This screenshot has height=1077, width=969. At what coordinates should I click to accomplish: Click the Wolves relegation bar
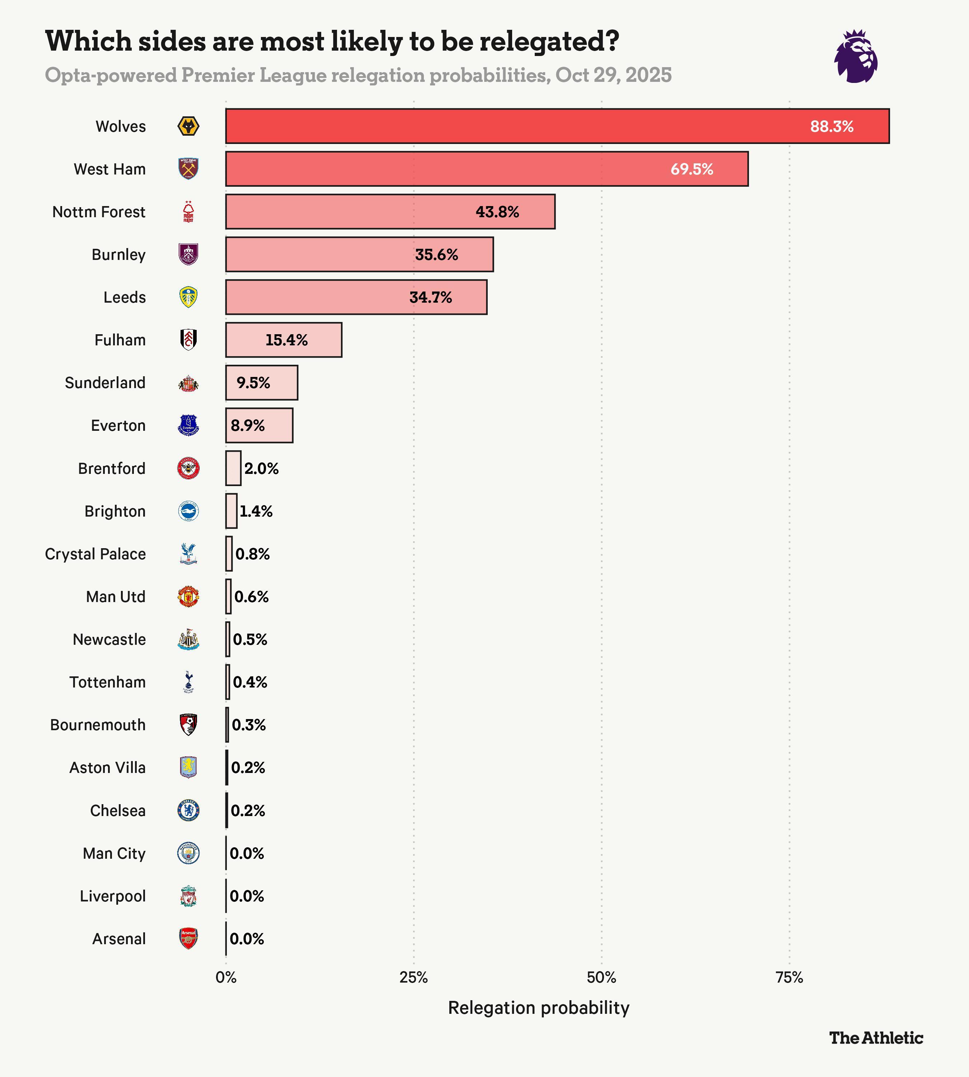pyautogui.click(x=557, y=126)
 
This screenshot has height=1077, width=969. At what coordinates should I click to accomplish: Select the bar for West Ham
pyautogui.click(x=487, y=169)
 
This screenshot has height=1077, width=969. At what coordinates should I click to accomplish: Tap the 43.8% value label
pyautogui.click(x=497, y=212)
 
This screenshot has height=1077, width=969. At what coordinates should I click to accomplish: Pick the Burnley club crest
pyautogui.click(x=188, y=254)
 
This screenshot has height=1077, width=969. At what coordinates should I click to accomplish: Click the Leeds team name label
pyautogui.click(x=125, y=297)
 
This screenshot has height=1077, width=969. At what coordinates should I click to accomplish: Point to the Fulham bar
pyautogui.click(x=284, y=340)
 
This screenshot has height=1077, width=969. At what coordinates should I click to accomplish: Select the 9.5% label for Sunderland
pyautogui.click(x=253, y=383)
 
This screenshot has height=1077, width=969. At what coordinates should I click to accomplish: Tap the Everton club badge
pyautogui.click(x=188, y=425)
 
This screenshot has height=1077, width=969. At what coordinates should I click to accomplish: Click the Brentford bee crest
pyautogui.click(x=188, y=468)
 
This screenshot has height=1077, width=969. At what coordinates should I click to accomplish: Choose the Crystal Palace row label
pyautogui.click(x=95, y=554)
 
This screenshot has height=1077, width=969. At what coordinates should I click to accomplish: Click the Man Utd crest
pyautogui.click(x=188, y=597)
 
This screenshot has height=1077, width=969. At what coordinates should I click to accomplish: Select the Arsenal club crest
pyautogui.click(x=188, y=938)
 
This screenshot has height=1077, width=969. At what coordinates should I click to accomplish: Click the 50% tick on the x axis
pyautogui.click(x=601, y=978)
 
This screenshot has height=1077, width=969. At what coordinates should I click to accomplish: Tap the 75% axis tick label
pyautogui.click(x=789, y=978)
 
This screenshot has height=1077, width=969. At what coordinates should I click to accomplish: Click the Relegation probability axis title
pyautogui.click(x=539, y=1008)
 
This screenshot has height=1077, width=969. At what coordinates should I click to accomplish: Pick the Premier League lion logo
pyautogui.click(x=856, y=56)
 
